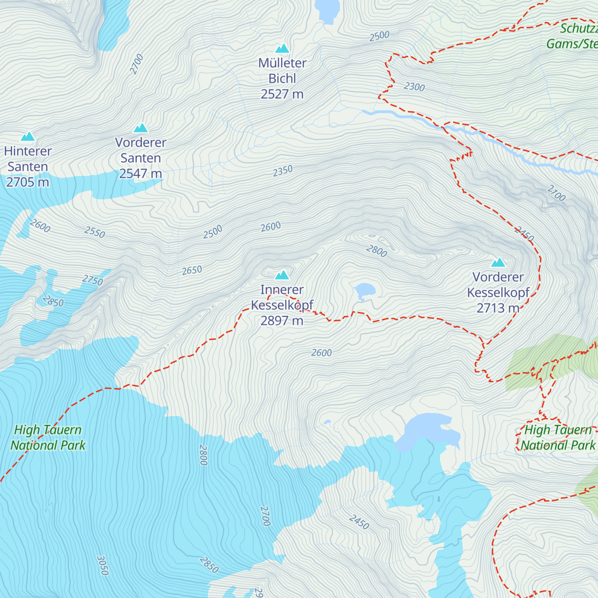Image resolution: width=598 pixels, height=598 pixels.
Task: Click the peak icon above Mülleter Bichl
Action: click(x=283, y=48)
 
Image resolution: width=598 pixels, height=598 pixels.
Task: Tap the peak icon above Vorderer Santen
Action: click(x=141, y=128)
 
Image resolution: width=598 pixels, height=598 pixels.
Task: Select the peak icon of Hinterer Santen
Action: click(x=27, y=137)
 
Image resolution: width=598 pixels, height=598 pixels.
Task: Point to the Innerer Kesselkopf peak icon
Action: click(x=282, y=275)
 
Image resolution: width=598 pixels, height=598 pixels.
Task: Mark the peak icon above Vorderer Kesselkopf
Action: click(x=498, y=263)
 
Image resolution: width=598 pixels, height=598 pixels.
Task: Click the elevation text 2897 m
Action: click(x=282, y=320)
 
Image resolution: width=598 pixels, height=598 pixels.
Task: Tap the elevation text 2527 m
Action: click(x=282, y=94)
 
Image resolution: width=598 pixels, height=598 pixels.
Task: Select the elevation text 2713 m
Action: click(x=498, y=308)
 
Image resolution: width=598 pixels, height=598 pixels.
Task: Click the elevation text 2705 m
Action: click(x=27, y=182)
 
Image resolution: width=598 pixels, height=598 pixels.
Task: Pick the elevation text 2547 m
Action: click(x=141, y=173)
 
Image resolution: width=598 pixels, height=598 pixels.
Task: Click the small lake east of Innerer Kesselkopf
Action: click(x=364, y=290)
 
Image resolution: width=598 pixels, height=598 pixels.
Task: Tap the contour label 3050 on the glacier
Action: click(x=102, y=565)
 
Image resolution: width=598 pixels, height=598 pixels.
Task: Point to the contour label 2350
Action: click(x=283, y=171)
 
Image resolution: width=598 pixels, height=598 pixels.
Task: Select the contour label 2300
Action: click(x=414, y=87)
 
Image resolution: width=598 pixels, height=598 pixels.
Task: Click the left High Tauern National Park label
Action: click(x=48, y=438)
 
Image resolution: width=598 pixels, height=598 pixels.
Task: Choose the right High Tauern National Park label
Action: click(x=558, y=438)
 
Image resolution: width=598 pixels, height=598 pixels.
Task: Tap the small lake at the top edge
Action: click(x=327, y=10)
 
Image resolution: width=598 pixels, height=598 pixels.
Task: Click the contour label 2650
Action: click(x=192, y=270)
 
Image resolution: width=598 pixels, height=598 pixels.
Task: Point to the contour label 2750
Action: click(x=93, y=280)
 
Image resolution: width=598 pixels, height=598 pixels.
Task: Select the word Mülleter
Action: click(x=282, y=63)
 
